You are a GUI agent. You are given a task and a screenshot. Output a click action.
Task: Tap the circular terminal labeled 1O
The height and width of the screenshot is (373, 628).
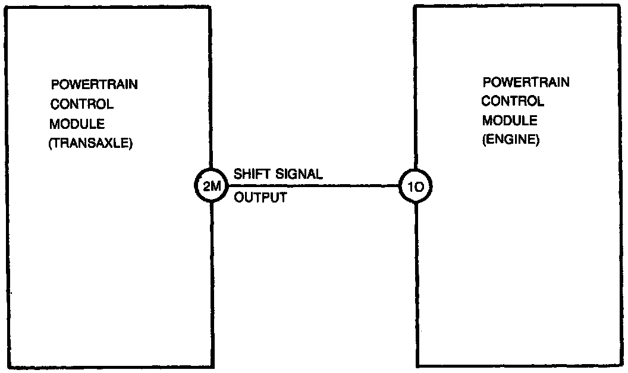pos(415,186)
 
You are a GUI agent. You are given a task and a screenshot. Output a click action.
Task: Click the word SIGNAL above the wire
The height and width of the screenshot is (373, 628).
pos(300,175)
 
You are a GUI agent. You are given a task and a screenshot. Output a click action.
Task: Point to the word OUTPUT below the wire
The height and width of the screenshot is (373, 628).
pos(260,198)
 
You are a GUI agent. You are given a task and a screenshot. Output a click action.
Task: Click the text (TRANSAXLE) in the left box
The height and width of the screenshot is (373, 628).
pos(90,144)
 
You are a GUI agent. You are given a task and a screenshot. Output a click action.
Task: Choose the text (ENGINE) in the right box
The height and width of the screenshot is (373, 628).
pos(510,141)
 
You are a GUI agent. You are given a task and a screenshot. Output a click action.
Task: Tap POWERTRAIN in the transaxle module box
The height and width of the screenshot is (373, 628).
pos(95,84)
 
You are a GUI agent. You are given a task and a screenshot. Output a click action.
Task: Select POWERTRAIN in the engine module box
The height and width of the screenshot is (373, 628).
pos(526,82)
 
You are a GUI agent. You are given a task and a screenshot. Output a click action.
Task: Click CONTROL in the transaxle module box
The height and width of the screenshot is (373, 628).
pos(82,105)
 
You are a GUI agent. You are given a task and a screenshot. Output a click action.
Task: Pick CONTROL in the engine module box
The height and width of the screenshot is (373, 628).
pos(513,102)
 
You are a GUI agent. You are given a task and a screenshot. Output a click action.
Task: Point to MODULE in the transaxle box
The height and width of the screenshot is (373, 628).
pos(78,124)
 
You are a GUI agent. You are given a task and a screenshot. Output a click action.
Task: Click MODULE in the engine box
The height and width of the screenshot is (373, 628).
pos(510,121)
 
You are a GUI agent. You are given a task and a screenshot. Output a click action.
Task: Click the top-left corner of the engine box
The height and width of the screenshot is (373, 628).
pos(415,6)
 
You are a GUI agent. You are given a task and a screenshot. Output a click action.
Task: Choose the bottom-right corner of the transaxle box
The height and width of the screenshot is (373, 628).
pos(212,367)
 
